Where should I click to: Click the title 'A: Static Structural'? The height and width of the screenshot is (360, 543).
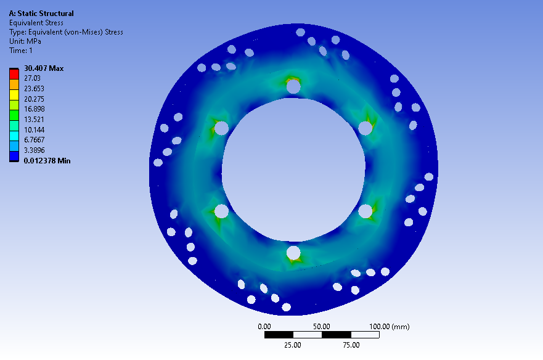pos(41,14)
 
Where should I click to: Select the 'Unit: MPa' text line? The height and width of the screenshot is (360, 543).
pos(25,41)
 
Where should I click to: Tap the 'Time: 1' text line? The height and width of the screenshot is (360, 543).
pos(20,51)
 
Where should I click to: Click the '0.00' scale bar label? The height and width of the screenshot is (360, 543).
pos(264,327)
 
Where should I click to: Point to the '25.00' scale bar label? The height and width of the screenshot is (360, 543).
pos(293,345)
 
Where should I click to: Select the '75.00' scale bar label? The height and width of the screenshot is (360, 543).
pos(350,345)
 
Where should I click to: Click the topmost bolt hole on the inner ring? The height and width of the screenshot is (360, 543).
pos(293,87)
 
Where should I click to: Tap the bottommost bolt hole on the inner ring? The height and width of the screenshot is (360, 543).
pos(293,253)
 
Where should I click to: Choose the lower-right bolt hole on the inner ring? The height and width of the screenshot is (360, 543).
pos(365,211)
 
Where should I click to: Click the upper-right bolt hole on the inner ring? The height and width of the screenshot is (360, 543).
pos(365,128)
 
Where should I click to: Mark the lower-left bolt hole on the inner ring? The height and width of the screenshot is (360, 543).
pos(222,211)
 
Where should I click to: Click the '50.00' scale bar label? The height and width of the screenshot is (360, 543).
pos(322,327)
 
